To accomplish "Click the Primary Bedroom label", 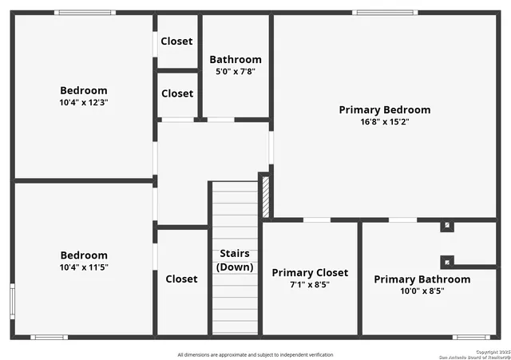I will point(384,110).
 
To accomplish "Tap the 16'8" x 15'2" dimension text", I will point(384,122).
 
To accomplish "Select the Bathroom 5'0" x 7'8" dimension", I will point(235,71).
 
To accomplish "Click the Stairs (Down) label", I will point(236,260).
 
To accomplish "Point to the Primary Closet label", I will point(310,273).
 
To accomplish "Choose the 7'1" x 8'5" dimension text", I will point(310,285).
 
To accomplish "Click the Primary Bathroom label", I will point(422,279).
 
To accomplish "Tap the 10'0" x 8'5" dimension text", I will point(422,291).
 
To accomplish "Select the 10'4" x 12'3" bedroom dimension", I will point(84,102).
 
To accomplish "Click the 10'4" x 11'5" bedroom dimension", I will point(84,267).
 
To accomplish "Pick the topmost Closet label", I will point(176,42).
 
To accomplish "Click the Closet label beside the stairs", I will point(181,279).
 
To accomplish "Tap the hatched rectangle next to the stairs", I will point(266,195).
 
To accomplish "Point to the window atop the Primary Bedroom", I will point(385,13).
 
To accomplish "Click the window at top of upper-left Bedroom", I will point(85,13).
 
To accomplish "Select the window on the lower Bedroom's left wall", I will point(12,301).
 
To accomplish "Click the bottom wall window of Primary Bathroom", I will point(471,337).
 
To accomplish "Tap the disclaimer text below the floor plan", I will point(255,354).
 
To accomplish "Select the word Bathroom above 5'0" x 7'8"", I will point(235,60).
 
